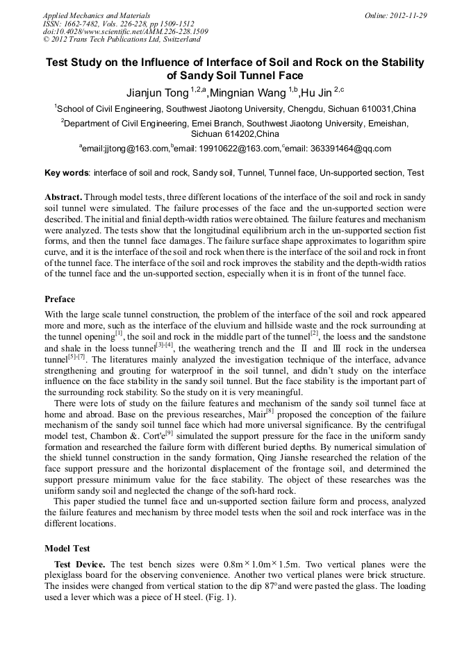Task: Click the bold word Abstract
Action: [63, 197]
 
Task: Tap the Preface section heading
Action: [60, 299]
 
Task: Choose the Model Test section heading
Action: [68, 548]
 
